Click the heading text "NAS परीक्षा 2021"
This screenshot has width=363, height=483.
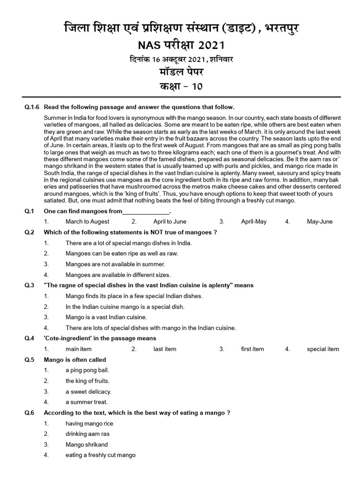click(181, 45)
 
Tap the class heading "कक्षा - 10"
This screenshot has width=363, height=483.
click(181, 86)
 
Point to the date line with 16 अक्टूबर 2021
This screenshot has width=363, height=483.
click(181, 59)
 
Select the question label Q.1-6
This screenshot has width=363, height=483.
click(33, 108)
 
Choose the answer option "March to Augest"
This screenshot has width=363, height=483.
click(87, 222)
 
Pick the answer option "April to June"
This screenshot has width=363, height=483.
click(170, 222)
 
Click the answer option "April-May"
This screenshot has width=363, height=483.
click(254, 222)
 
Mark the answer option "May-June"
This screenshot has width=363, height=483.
click(320, 222)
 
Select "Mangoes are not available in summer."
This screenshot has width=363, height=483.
click(115, 264)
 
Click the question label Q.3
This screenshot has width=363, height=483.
click(30, 285)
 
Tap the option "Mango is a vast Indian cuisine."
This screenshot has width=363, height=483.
click(106, 317)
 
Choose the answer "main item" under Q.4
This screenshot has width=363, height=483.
click(78, 349)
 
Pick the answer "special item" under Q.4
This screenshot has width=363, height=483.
click(323, 349)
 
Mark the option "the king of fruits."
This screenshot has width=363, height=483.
click(87, 381)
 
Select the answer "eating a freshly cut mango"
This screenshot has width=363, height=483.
click(101, 455)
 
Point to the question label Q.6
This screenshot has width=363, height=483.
click(30, 413)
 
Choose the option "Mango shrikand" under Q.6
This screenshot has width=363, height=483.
click(87, 444)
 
